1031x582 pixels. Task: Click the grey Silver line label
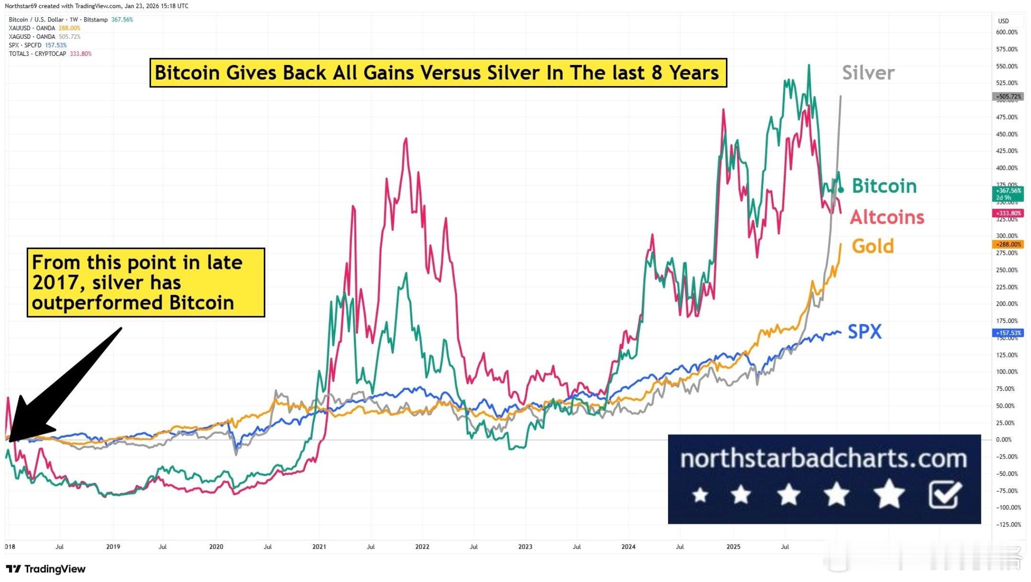868,73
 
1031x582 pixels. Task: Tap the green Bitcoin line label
884,186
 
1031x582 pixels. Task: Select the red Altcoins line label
887,217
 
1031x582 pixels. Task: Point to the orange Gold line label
873,247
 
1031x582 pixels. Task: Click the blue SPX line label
865,332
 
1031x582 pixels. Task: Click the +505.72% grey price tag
1008,97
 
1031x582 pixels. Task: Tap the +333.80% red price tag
1008,213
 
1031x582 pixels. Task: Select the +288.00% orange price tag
1008,244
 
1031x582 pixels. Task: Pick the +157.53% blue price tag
1008,333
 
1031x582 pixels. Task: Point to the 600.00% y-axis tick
1007,32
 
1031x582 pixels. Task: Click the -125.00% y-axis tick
1008,525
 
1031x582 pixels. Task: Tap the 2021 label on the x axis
319,547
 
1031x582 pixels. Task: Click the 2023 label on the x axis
525,547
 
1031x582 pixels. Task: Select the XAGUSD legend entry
32,37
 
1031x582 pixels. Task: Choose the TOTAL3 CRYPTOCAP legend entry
38,54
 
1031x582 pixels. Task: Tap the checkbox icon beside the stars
945,495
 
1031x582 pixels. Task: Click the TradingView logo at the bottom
46,569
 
